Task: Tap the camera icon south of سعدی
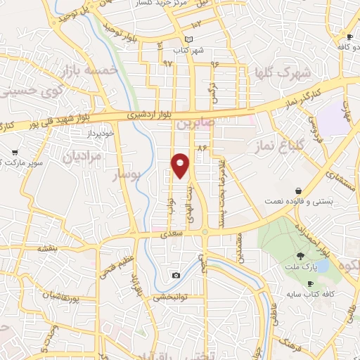[x=176, y=274]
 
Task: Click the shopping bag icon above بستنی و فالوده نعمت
[x=299, y=191]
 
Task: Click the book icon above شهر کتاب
[x=188, y=39]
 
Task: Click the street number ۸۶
[x=203, y=148]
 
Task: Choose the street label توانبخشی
[x=170, y=297]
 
